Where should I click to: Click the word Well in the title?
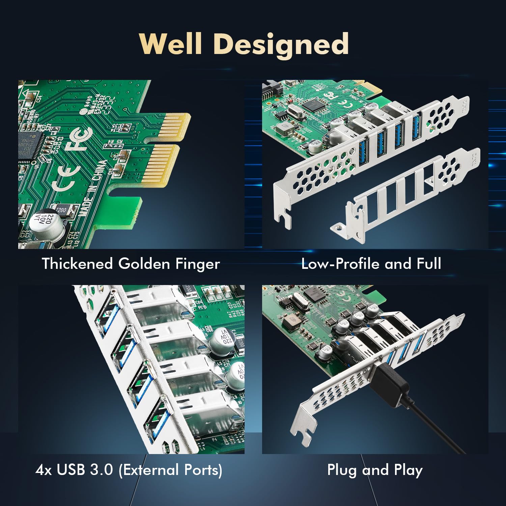tap(171, 44)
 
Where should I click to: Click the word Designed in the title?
tap(281, 45)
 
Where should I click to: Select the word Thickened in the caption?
tap(77, 263)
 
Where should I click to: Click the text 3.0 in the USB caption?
tap(102, 470)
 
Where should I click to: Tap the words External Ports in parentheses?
tap(170, 470)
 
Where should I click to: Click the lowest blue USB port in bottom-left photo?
tap(157, 420)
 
